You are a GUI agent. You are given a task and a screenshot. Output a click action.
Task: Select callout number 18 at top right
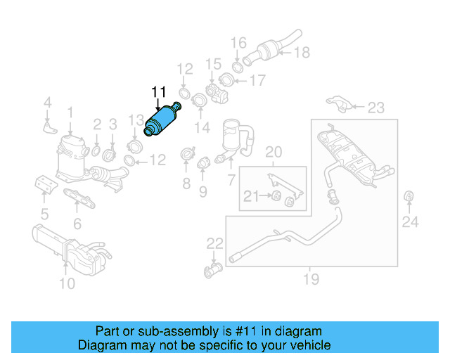[x=301, y=52]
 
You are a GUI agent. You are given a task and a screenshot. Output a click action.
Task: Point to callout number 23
[x=376, y=108]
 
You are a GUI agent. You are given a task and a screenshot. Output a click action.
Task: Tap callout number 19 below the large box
[x=311, y=280]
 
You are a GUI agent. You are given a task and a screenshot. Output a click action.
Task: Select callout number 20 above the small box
[x=273, y=152]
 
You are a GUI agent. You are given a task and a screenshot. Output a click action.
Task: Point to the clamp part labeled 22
[x=212, y=270]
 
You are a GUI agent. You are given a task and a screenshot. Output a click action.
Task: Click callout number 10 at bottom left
[x=66, y=284]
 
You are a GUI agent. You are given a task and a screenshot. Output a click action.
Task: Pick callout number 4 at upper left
[x=47, y=104]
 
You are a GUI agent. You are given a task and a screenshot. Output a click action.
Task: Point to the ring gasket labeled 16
[x=238, y=66]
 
